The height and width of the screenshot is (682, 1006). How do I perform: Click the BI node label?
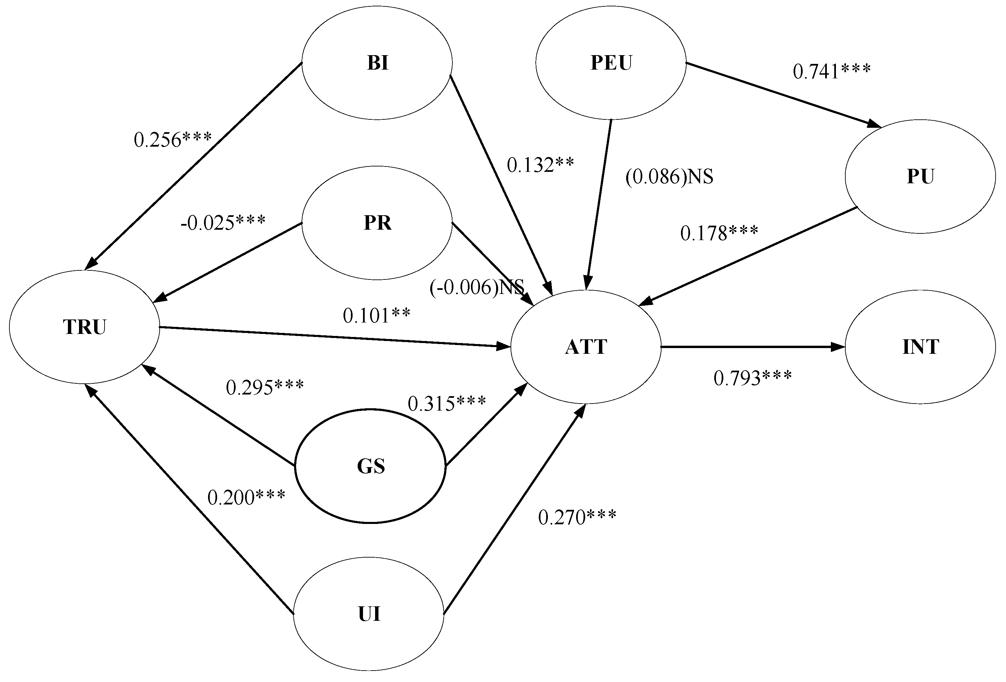(377, 63)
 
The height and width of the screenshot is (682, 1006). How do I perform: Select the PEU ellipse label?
(611, 63)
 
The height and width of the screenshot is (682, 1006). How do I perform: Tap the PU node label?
(920, 176)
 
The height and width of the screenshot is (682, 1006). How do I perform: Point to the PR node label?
(377, 223)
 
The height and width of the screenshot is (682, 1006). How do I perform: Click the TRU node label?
(84, 327)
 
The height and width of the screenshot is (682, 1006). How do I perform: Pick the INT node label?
(921, 347)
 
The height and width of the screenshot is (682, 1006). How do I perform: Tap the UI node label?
(369, 614)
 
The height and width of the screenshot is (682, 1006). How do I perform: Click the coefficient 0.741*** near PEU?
(832, 71)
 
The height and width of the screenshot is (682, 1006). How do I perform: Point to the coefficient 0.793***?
(752, 378)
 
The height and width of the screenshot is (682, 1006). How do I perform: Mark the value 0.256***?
(173, 140)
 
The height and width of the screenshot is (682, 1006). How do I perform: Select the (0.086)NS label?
(669, 176)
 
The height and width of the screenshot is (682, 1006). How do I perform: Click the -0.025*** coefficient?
(223, 223)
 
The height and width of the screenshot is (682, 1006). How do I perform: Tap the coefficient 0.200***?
(246, 497)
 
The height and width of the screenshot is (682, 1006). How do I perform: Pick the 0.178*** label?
(719, 233)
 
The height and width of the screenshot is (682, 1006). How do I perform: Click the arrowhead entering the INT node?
(839, 347)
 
